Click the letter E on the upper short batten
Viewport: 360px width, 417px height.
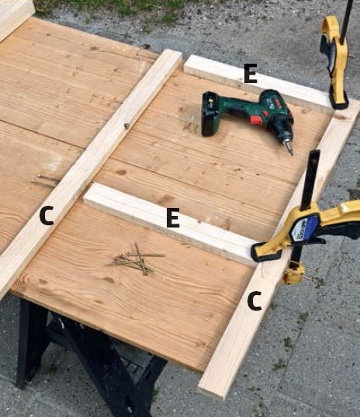pos(251,74)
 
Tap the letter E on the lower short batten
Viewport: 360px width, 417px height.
pos(173,217)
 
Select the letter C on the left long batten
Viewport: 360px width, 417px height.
pos(47,216)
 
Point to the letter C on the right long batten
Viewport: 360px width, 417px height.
pos(254,301)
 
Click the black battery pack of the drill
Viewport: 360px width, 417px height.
pos(210,113)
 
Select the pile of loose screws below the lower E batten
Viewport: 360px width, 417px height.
pos(136,259)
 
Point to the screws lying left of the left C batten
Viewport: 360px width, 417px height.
pos(45,179)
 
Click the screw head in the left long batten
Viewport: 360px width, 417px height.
pos(126,125)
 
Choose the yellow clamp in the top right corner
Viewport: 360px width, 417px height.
pos(334,61)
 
